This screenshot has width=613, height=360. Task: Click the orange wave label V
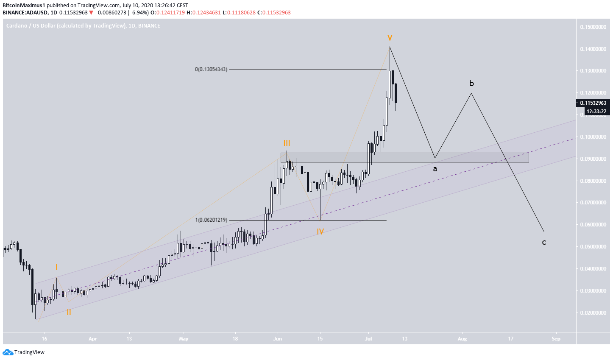(x=389, y=38)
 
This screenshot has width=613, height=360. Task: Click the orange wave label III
(x=287, y=143)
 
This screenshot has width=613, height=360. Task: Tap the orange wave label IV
(x=320, y=232)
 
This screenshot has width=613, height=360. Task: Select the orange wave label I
(x=56, y=268)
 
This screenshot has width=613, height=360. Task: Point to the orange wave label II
(x=68, y=312)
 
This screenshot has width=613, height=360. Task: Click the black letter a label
(x=435, y=169)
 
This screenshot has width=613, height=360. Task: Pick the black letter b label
(x=471, y=83)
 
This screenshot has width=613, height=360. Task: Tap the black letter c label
(x=544, y=242)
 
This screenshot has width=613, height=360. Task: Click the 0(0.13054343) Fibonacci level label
(x=211, y=70)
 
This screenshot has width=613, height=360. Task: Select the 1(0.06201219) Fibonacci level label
(x=211, y=220)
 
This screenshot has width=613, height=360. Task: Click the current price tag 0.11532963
(x=593, y=103)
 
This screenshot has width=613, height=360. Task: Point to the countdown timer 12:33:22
(x=597, y=112)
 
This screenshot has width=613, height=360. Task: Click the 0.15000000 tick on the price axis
(x=593, y=27)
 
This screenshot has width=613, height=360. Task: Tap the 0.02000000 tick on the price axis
(x=593, y=313)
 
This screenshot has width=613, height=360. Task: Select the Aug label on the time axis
(x=462, y=339)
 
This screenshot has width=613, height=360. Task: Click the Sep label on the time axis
(x=556, y=339)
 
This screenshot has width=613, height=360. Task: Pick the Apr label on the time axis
(x=93, y=339)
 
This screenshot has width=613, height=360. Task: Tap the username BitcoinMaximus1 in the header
(x=24, y=6)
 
